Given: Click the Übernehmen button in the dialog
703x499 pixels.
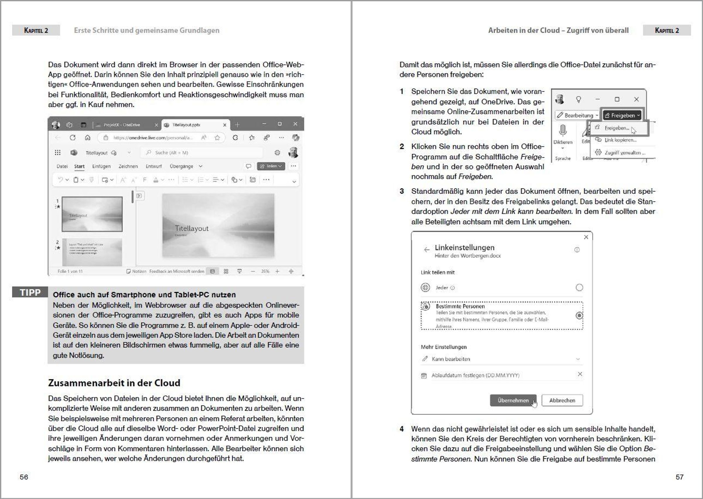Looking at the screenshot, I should coord(513,400).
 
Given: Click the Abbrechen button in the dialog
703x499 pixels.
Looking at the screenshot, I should coord(562,400).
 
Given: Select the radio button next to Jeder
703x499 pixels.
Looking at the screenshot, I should coord(579,288).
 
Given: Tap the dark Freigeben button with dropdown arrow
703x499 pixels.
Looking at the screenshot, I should coord(622,116).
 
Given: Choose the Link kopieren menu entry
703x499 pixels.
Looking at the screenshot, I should coord(620,140).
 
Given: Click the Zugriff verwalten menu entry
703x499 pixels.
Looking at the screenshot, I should coord(622,153).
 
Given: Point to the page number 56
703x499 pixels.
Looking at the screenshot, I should coord(24,477).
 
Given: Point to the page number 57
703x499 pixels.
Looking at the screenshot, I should coord(679,477).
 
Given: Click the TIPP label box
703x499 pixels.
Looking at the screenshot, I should coord(30,292).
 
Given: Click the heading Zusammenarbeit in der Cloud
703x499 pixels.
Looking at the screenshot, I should coord(114,383).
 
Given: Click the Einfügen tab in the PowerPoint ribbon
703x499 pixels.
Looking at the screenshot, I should coord(101,166).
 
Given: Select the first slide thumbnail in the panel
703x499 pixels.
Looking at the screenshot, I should coord(92,214).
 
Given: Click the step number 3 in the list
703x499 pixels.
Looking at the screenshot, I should coord(402,191).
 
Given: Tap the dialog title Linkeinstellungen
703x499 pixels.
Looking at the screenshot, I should coord(465,248).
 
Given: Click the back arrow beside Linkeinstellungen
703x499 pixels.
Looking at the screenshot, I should coord(427,249).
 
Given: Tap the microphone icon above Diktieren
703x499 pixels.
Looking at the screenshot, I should coord(563,130).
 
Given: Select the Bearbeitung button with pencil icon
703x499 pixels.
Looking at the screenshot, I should coord(577,116).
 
